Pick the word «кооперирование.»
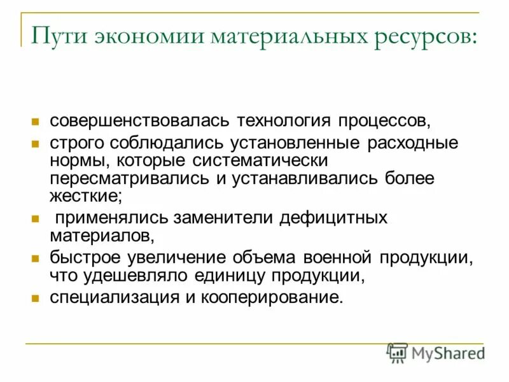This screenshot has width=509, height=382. tap(275, 297)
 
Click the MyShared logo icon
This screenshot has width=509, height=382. tap(398, 353)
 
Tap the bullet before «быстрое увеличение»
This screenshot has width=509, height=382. tap(36, 259)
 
